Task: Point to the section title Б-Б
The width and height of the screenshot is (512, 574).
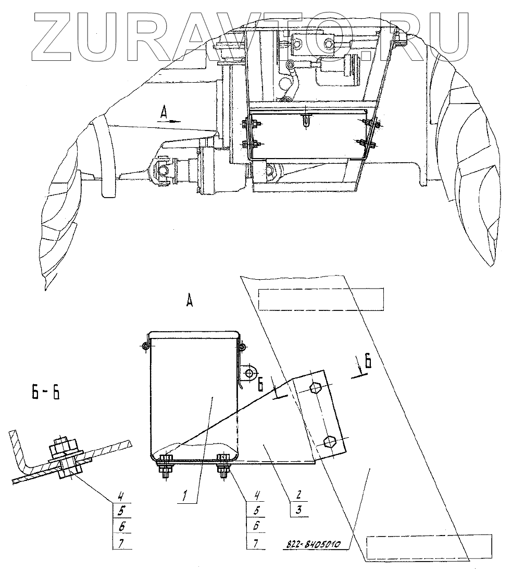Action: click(x=45, y=392)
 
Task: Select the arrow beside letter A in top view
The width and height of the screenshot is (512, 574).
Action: click(x=172, y=121)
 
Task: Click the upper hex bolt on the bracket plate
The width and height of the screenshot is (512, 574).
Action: click(x=316, y=388)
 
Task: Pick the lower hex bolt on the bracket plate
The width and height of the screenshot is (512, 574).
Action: click(x=328, y=441)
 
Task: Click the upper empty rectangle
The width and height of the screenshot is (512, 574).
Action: click(x=321, y=299)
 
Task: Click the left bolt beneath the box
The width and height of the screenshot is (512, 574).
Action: click(x=165, y=467)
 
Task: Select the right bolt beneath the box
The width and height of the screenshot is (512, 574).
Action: click(x=223, y=467)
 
